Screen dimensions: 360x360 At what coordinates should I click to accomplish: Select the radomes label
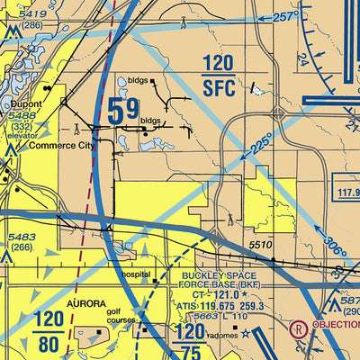[222, 332]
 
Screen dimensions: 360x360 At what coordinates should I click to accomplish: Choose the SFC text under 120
[217, 86]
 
